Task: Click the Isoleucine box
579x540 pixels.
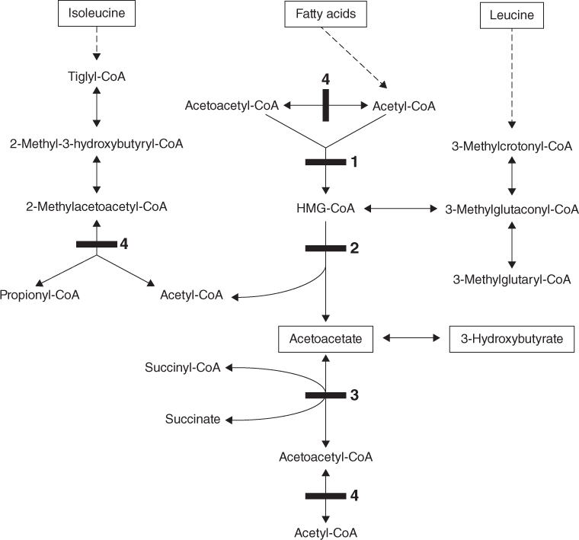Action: [96, 14]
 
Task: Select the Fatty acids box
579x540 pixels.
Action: [325, 14]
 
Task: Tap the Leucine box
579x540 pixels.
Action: [510, 15]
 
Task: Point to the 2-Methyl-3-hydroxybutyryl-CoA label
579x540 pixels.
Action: [96, 143]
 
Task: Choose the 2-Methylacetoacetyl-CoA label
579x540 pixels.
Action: [97, 206]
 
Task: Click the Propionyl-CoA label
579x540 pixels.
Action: [40, 294]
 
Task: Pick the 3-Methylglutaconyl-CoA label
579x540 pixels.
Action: [510, 209]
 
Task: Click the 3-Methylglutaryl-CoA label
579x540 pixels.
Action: [510, 280]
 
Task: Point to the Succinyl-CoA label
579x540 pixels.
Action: [183, 369]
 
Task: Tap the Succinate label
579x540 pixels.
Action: [194, 419]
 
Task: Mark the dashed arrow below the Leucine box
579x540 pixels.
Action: [510, 76]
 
